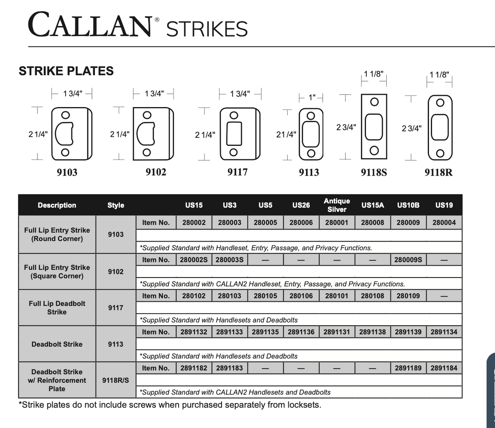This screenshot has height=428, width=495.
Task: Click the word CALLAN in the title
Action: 90,26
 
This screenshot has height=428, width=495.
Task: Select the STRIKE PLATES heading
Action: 66,71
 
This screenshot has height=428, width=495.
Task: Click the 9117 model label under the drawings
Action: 237,172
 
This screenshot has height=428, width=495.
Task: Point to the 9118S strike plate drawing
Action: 374,126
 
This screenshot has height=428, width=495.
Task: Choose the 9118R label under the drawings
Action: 438,172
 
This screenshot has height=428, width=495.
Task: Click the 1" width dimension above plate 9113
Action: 312,97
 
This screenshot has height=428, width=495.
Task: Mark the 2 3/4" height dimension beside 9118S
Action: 346,127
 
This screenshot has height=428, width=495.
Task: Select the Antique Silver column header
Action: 337,205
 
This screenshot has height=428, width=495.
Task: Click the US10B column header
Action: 408,205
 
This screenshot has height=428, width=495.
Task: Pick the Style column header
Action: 116,205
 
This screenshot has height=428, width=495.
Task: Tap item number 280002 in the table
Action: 194,223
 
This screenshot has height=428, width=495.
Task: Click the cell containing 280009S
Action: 408,260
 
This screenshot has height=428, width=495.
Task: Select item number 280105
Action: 265,296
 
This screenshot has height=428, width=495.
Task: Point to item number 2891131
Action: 336,332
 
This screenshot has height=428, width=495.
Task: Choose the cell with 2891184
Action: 444,368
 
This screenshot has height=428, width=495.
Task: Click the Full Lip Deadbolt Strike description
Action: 57,308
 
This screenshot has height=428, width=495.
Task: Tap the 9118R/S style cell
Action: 116,380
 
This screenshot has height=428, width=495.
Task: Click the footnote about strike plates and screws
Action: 170,405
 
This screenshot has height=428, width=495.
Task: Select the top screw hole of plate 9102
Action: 147,115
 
